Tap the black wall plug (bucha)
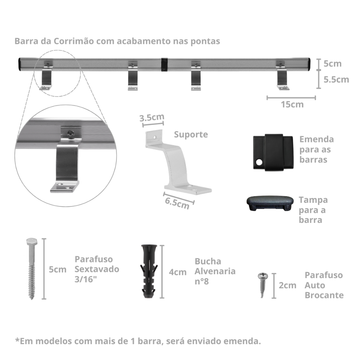149,271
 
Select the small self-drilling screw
263,285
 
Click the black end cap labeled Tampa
270,203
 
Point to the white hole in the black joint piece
259,162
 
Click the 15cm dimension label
292,104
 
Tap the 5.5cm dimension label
336,79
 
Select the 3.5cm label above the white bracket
152,117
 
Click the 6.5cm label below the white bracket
177,203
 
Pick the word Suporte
191,134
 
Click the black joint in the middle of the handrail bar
164,65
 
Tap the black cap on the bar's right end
309,64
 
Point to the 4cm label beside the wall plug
178,272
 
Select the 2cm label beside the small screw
288,285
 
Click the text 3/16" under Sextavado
86,279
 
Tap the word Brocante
324,295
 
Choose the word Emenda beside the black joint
317,139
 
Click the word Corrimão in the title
74,41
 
